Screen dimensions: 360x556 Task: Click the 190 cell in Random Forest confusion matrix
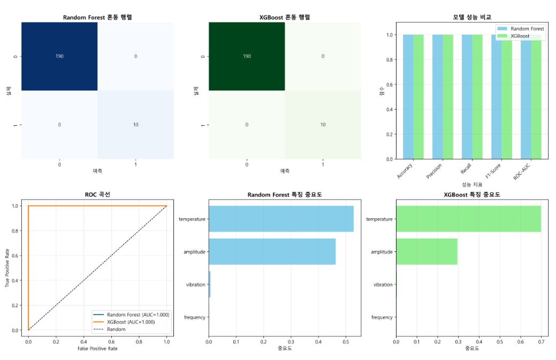coord(59,56)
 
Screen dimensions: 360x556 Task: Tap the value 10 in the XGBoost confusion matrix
coord(323,125)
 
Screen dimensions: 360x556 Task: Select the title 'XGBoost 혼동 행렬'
coord(285,17)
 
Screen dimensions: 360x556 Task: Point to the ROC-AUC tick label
coord(522,174)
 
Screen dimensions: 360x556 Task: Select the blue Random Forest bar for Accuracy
coord(408,97)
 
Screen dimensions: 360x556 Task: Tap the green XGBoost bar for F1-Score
coord(507,97)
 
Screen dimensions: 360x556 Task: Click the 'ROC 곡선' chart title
coord(97,195)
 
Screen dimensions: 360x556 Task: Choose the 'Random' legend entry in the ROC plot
coord(116,330)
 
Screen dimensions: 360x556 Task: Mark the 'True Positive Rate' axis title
coord(7,267)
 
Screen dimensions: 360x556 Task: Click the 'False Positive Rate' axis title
coord(97,349)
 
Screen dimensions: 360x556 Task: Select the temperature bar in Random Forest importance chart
coord(281,219)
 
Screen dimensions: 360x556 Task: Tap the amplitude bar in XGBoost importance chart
coord(426,251)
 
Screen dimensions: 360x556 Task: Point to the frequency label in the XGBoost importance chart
coord(382,317)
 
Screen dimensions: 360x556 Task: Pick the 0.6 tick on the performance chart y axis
coord(390,85)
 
